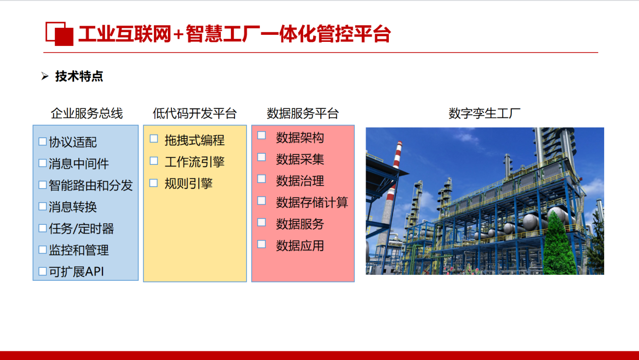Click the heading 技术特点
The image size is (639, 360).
79,77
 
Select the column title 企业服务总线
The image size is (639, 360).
87,114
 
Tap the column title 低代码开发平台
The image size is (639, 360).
195,114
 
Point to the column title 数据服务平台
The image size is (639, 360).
303,114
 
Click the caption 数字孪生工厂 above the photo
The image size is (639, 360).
485,114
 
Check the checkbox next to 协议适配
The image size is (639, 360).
43,142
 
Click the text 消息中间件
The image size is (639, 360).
79,164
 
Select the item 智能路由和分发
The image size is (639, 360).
91,186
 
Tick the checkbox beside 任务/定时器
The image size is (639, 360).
43,228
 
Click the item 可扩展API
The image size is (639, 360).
76,272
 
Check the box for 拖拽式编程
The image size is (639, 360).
154,139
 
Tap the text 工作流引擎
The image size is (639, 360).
195,162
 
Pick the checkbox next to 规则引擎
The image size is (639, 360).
154,183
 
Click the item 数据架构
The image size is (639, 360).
300,138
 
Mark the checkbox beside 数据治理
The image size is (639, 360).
261,179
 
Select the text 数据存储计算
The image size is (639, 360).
312,203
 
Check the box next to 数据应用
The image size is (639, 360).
261,244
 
